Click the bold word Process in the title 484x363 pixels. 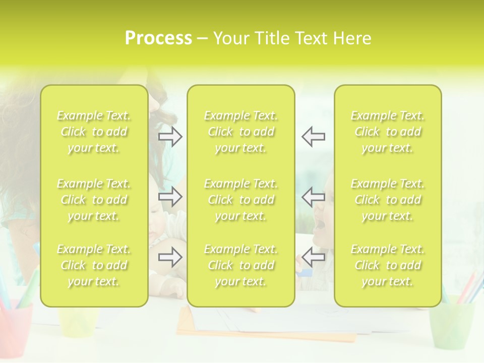158,38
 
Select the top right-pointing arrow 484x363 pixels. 170,136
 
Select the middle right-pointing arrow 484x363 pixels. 170,197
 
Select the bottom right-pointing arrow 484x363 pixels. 170,257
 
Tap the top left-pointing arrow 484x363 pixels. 313,136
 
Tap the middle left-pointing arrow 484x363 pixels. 313,197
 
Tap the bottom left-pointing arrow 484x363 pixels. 313,257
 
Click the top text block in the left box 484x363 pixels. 94,132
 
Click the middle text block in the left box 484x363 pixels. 94,200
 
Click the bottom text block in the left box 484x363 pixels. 94,265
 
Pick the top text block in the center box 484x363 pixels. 241,132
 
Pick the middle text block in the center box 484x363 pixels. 241,200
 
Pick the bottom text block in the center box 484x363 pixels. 241,265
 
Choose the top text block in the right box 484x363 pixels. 388,132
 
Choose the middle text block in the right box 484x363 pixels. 388,200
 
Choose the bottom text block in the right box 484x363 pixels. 388,265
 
